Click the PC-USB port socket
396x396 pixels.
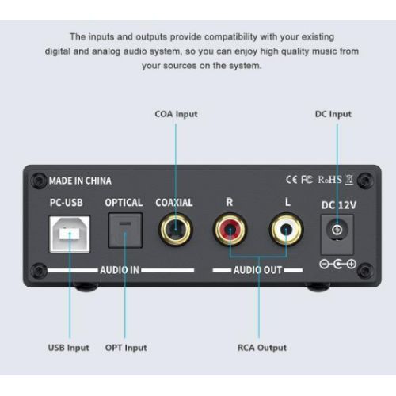[70, 234]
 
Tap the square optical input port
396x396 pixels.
[125, 230]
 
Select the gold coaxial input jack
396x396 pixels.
[176, 229]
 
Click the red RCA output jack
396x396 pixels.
[230, 229]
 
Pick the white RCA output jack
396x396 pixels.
[286, 229]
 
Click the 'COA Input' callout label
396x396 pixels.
[176, 114]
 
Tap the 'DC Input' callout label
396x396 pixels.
[333, 114]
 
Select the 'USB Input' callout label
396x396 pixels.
[69, 348]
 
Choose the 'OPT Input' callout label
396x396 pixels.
[126, 348]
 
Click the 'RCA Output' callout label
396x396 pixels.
[262, 348]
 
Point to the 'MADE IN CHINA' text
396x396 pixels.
[80, 181]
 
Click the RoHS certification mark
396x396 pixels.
[329, 180]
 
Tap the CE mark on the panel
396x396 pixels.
[291, 180]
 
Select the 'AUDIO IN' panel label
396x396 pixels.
[120, 270]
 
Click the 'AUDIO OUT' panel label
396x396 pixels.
[257, 270]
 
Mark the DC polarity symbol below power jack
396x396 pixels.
[338, 264]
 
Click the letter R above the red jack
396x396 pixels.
[230, 202]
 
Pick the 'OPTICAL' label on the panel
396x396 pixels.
[124, 203]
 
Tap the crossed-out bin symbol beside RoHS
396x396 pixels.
[349, 180]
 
